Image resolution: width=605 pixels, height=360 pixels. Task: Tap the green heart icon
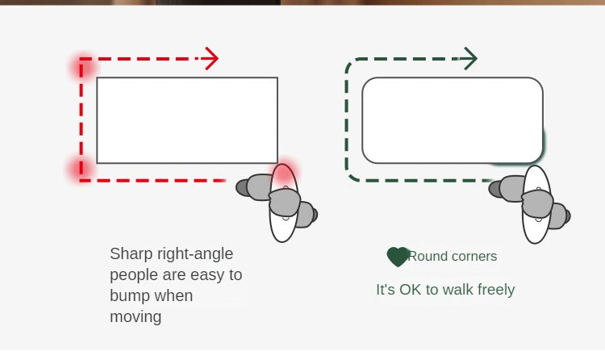[x=398, y=257]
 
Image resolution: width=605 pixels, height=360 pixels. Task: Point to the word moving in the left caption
[x=136, y=316]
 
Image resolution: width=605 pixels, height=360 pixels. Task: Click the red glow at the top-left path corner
[x=82, y=65]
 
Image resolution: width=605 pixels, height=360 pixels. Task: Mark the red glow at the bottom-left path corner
[x=81, y=170]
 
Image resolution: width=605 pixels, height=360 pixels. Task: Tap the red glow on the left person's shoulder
[x=285, y=173]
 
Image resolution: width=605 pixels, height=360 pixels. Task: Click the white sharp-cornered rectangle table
[x=187, y=120]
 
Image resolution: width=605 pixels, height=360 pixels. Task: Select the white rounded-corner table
[x=453, y=120]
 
